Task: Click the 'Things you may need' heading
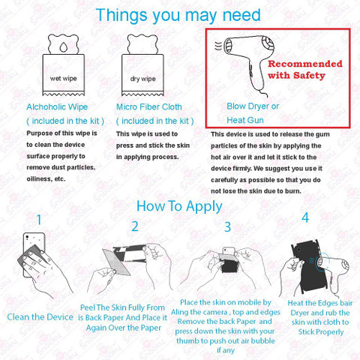pyautogui.click(x=178, y=16)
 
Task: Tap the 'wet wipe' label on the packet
pyautogui.click(x=64, y=79)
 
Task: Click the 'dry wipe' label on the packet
pyautogui.click(x=142, y=79)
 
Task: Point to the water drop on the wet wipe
pyautogui.click(x=64, y=46)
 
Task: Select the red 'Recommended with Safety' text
pyautogui.click(x=305, y=70)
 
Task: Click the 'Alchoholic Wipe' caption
pyautogui.click(x=57, y=107)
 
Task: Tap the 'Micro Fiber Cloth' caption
pyautogui.click(x=149, y=107)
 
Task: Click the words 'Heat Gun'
pyautogui.click(x=245, y=120)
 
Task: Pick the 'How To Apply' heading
pyautogui.click(x=179, y=206)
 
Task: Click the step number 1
pyautogui.click(x=39, y=220)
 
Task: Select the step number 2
pyautogui.click(x=135, y=226)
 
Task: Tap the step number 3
pyautogui.click(x=227, y=227)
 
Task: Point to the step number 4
pyautogui.click(x=305, y=217)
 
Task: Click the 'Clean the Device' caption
pyautogui.click(x=40, y=317)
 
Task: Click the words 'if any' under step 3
pyautogui.click(x=226, y=350)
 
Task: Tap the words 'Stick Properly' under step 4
pyautogui.click(x=321, y=332)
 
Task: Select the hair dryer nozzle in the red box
pyautogui.click(x=228, y=46)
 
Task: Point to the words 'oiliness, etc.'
pyautogui.click(x=46, y=179)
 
